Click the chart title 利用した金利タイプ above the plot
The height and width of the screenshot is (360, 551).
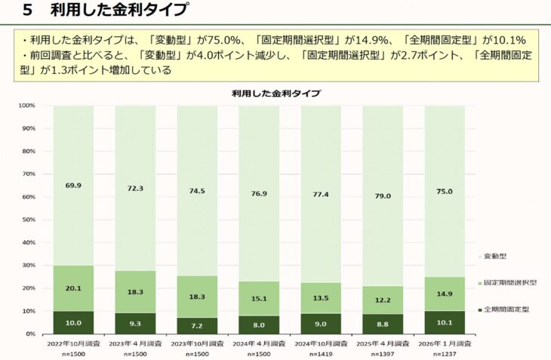(275, 94)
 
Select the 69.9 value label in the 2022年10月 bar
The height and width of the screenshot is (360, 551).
(73, 184)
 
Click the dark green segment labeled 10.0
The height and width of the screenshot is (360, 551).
(73, 322)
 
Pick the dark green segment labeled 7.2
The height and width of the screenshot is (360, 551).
(197, 325)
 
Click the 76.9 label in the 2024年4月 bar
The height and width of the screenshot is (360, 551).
(259, 193)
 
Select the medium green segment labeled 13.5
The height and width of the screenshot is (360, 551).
(321, 297)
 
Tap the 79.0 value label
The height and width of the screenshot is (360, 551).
(383, 196)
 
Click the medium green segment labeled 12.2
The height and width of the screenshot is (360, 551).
(383, 300)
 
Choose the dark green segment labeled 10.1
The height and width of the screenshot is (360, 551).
(445, 322)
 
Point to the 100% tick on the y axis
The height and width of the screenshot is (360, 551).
(27, 106)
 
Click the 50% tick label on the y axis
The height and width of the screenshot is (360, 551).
(29, 220)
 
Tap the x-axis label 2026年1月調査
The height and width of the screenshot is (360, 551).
(445, 343)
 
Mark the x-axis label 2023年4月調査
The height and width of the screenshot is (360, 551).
(135, 343)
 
